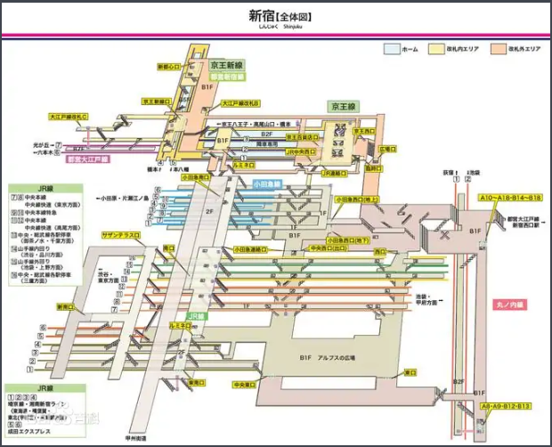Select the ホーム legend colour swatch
click(x=391, y=50)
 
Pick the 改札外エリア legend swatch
click(x=498, y=50)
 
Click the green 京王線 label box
click(x=344, y=105)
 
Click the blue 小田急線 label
click(x=265, y=184)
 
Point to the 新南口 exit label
click(x=68, y=306)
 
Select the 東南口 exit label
click(x=196, y=383)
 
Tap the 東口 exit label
click(x=410, y=373)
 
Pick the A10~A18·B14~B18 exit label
click(x=510, y=197)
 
